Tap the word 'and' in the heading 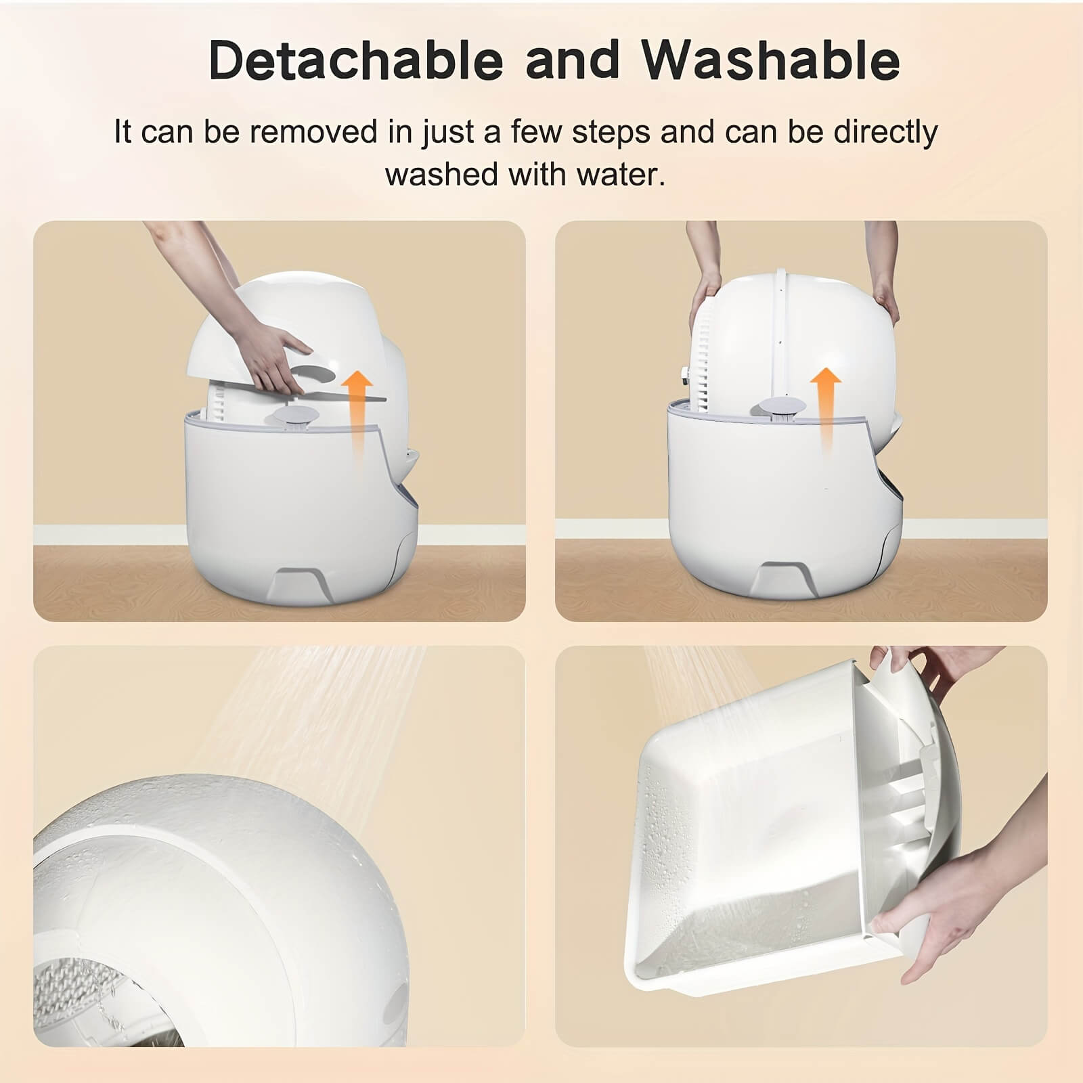tap(573, 61)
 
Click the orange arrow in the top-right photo tap(826, 406)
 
